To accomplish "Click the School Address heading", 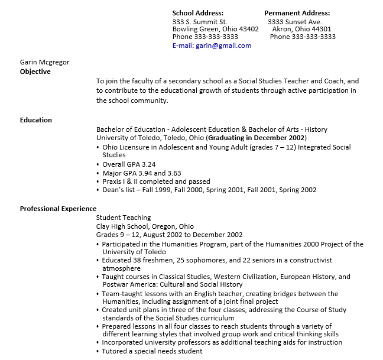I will (197, 13).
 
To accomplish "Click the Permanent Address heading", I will (297, 13).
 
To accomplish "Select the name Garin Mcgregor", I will (44, 62).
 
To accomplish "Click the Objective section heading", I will (35, 72).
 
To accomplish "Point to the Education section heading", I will (36, 120).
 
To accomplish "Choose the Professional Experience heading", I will (58, 209).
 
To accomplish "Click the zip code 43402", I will (248, 29).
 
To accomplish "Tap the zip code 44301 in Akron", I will (321, 29).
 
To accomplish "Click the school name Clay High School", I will (122, 226).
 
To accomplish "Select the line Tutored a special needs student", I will (152, 351).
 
